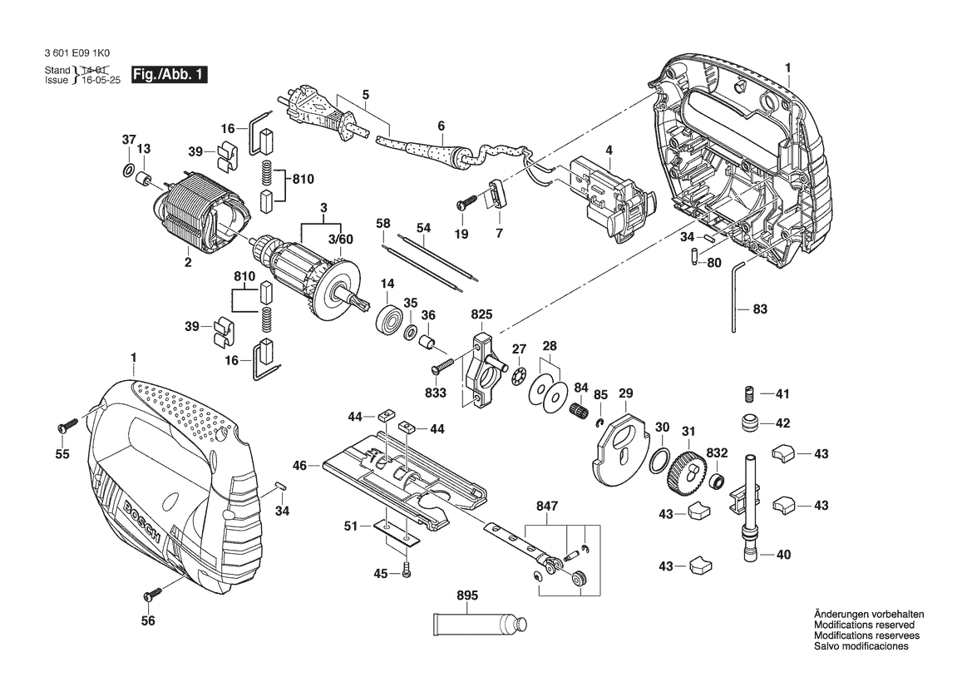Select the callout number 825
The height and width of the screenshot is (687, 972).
[481, 314]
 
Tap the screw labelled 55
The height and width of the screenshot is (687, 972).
[66, 426]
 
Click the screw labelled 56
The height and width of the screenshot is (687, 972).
[152, 594]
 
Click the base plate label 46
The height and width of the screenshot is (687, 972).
[300, 465]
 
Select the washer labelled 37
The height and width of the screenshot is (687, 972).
[127, 171]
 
